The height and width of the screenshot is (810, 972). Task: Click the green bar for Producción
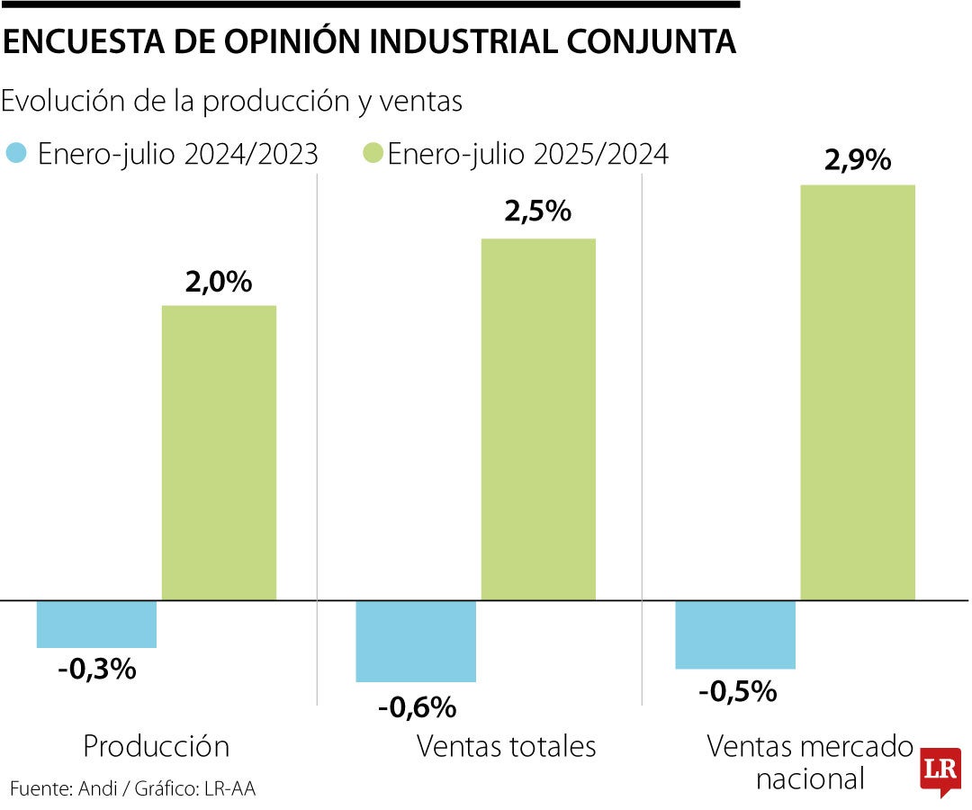[219, 452]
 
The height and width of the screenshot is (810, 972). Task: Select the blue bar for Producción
[96, 624]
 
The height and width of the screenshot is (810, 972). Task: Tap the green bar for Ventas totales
[538, 418]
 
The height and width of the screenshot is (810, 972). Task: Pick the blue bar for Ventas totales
[416, 641]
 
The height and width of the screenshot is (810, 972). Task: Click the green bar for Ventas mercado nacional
[858, 391]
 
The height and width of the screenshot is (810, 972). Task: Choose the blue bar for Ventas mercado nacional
[735, 634]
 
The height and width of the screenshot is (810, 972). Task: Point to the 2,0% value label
[218, 283]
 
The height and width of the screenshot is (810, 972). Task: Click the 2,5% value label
[537, 211]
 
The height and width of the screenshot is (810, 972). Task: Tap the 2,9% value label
[857, 160]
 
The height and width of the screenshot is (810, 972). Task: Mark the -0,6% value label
[417, 707]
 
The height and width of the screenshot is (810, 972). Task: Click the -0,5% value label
[736, 691]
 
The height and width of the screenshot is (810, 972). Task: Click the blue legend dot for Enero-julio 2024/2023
[15, 153]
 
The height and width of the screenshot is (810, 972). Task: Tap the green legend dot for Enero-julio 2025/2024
[373, 153]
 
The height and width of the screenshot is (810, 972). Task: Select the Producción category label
[156, 746]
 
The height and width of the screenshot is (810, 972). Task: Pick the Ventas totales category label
[506, 746]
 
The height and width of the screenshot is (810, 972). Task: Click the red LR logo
[939, 771]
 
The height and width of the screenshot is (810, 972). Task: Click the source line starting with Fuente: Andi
[132, 789]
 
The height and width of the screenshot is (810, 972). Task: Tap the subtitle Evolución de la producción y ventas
[232, 102]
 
